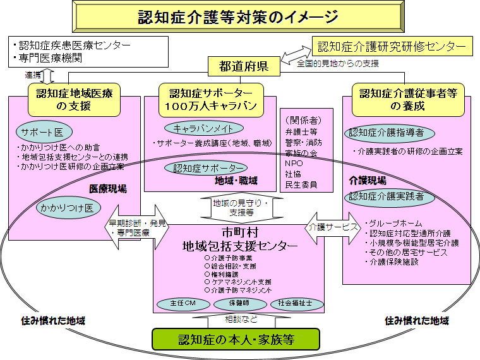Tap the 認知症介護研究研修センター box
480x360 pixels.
pyautogui.click(x=392, y=46)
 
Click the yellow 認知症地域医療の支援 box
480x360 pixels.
pyautogui.click(x=75, y=99)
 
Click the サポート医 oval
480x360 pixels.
pyautogui.click(x=42, y=133)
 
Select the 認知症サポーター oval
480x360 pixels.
pyautogui.click(x=205, y=168)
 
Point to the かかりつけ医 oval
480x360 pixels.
pyautogui.click(x=67, y=207)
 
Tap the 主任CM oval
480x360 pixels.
pyautogui.click(x=184, y=304)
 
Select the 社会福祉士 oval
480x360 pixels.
pyautogui.click(x=296, y=304)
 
